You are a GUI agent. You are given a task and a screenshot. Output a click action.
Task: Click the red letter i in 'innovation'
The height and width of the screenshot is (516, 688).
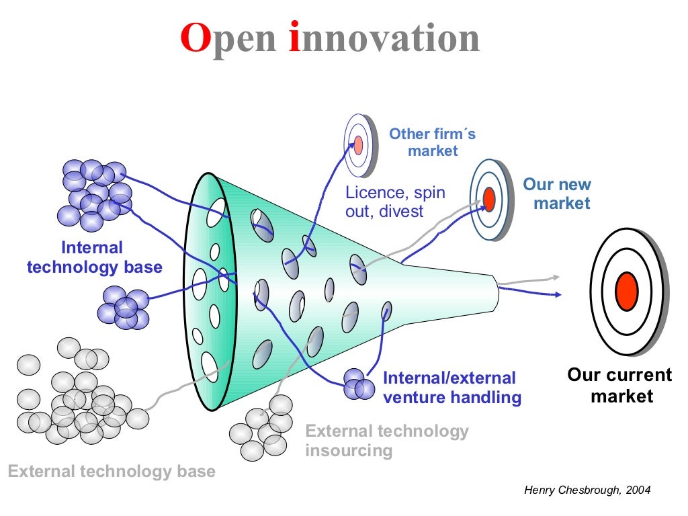point(294,38)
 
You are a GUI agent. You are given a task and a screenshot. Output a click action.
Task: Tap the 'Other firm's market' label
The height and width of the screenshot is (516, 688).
point(432,142)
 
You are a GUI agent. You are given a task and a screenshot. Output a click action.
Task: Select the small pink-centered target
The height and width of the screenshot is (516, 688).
point(358,144)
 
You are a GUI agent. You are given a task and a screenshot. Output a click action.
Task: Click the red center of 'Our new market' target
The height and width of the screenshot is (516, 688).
point(489,199)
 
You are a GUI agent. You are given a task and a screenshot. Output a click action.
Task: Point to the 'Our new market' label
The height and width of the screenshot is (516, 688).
point(557,193)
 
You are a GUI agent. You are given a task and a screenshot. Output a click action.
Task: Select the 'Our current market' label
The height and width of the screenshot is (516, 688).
point(619,385)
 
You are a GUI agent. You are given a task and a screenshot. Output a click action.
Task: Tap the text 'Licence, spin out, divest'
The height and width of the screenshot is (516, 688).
point(395,202)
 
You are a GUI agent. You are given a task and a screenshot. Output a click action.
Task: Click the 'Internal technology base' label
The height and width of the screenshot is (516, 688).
point(94,257)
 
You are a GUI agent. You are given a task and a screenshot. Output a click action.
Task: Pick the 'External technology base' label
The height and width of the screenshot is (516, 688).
point(112,471)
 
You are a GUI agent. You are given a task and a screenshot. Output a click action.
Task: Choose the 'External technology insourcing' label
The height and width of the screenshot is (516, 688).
point(386,440)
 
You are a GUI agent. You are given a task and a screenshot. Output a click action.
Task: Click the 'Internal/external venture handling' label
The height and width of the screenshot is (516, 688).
point(451,388)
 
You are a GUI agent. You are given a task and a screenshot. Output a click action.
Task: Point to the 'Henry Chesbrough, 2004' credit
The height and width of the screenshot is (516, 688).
point(587,490)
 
